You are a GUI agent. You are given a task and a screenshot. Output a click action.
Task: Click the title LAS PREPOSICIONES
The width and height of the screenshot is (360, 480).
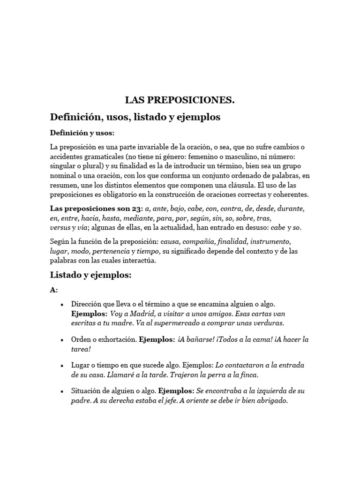click(180, 100)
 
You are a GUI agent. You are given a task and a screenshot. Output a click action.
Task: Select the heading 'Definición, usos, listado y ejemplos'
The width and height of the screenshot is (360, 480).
click(135, 117)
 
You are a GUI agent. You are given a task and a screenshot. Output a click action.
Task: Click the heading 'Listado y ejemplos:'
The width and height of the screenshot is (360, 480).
click(91, 275)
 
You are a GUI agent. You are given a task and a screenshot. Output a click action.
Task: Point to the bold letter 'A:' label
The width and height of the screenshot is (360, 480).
click(54, 290)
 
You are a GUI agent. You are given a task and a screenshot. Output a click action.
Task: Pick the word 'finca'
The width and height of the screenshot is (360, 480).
click(248, 375)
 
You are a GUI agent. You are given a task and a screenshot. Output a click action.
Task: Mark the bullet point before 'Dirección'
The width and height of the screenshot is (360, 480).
click(62, 304)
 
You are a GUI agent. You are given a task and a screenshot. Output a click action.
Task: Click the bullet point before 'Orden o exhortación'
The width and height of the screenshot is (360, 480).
click(62, 339)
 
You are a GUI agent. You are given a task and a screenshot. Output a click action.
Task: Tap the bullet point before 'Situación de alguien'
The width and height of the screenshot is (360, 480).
click(62, 391)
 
